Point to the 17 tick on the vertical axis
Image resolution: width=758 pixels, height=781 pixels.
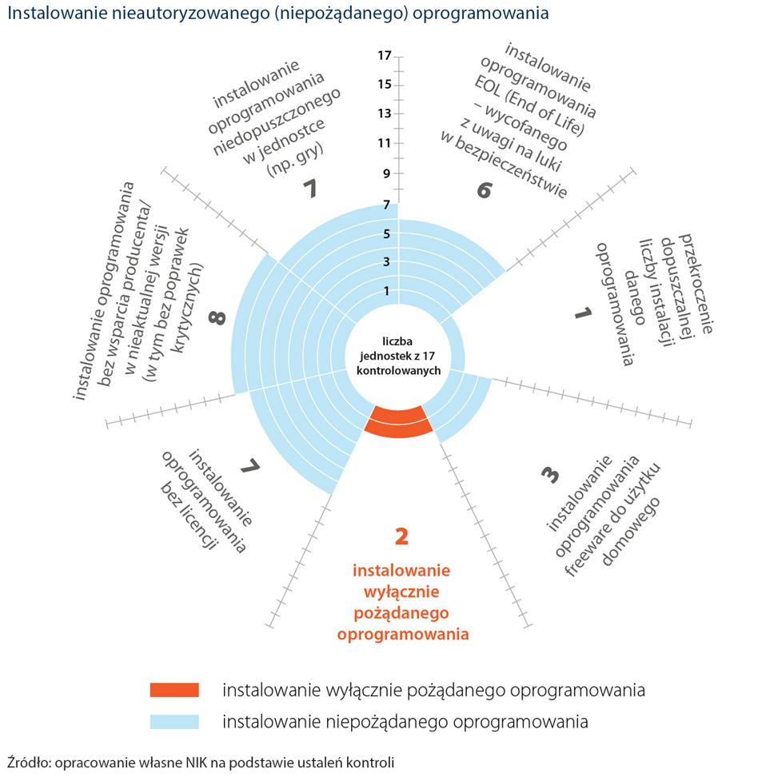pyautogui.click(x=385, y=55)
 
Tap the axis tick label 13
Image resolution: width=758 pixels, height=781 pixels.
pyautogui.click(x=385, y=114)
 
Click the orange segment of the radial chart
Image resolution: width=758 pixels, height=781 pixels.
pyautogui.click(x=398, y=420)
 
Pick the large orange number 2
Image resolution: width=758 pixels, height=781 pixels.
pyautogui.click(x=401, y=536)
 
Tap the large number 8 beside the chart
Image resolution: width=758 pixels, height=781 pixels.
pyautogui.click(x=215, y=319)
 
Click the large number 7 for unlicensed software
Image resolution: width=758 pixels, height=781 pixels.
pyautogui.click(x=251, y=464)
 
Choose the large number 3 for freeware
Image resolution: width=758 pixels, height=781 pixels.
pyautogui.click(x=549, y=474)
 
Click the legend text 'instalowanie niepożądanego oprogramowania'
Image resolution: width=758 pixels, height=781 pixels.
pyautogui.click(x=405, y=720)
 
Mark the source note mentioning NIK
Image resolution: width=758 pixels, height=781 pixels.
pyautogui.click(x=200, y=762)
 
